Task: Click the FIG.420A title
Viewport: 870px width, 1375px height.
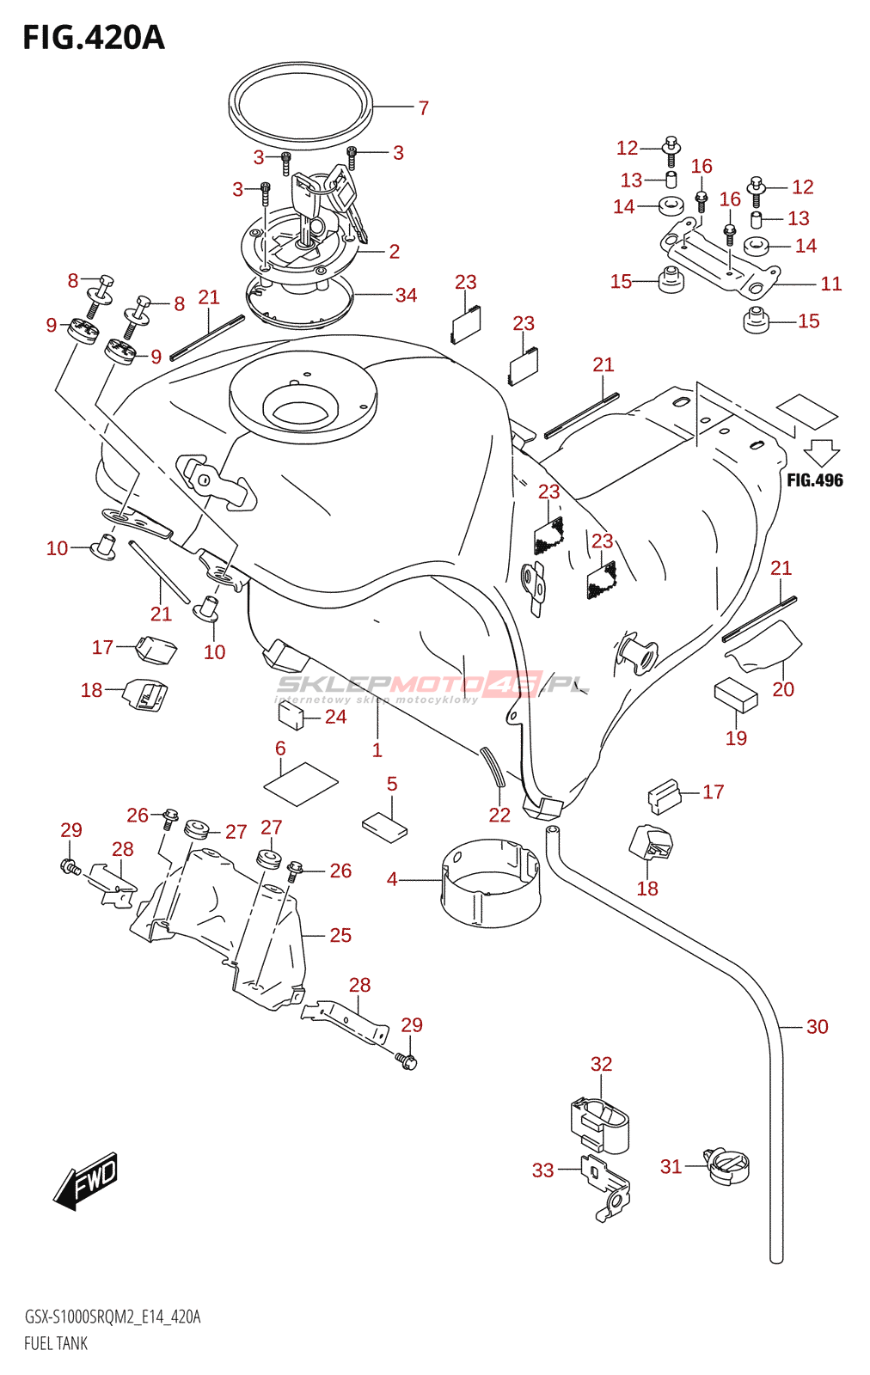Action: click(93, 38)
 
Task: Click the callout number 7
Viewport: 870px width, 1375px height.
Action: click(424, 108)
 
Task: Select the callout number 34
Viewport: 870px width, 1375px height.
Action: click(407, 296)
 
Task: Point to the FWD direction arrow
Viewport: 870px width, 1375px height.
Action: click(86, 1179)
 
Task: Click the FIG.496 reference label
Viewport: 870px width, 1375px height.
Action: click(815, 480)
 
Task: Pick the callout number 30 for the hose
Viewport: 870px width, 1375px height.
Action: click(817, 1027)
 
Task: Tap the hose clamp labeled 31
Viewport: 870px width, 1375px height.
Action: click(727, 1166)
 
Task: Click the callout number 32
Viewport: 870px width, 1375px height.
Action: click(601, 1064)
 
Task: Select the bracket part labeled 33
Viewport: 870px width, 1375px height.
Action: click(607, 1186)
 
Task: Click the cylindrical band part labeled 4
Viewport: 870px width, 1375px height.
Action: click(490, 883)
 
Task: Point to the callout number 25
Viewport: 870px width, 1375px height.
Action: click(340, 935)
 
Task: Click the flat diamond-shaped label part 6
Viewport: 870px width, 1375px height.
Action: click(300, 783)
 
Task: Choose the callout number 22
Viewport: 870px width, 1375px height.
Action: click(499, 815)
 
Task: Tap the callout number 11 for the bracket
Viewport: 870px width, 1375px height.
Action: click(830, 284)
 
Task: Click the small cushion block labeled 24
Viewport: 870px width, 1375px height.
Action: click(290, 715)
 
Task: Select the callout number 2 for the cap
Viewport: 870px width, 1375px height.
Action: click(394, 252)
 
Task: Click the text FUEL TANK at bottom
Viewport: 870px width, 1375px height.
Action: click(56, 1343)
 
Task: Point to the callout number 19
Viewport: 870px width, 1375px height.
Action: click(736, 738)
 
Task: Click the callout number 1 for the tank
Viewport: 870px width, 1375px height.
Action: click(377, 750)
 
